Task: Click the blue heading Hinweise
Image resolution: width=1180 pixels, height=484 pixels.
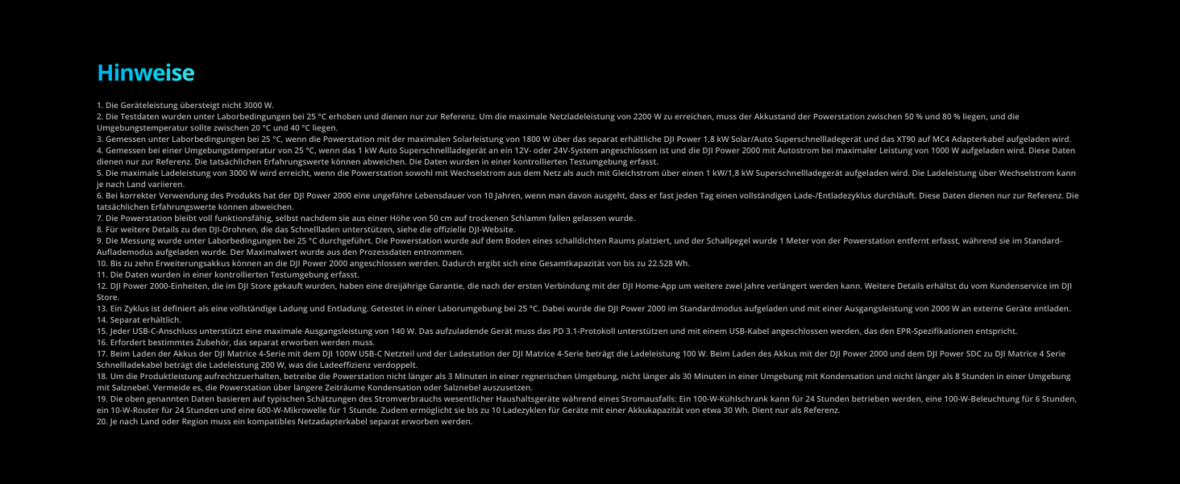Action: (x=146, y=73)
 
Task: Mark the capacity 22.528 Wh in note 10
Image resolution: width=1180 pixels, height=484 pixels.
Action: (x=666, y=263)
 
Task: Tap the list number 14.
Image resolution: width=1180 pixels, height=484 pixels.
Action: (x=102, y=319)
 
